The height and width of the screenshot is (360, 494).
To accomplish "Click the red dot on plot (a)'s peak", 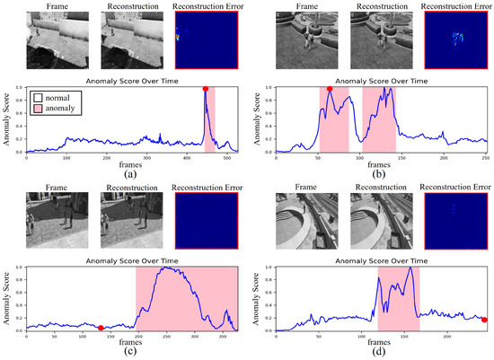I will click(206, 89).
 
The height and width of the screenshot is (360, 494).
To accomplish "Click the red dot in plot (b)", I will click(330, 89).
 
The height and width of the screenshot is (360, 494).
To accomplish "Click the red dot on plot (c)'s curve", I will click(101, 329).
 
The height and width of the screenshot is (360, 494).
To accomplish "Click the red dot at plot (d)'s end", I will click(485, 320).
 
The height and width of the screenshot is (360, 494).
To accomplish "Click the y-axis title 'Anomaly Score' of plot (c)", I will click(6, 299).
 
